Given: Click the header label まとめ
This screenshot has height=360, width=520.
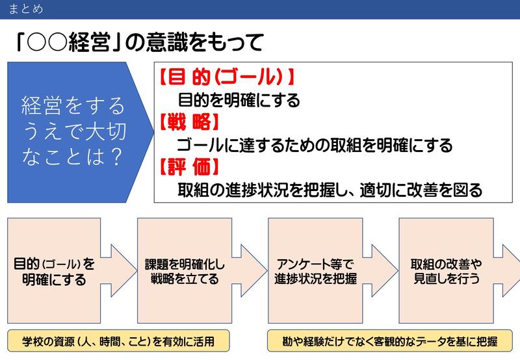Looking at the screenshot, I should pyautogui.click(x=26, y=9).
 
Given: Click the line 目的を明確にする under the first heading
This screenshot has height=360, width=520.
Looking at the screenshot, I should pyautogui.click(x=239, y=100).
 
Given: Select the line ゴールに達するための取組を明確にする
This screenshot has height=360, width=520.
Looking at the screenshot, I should pyautogui.click(x=315, y=145).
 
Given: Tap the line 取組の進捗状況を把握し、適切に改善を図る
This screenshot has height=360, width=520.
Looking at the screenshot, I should pyautogui.click(x=330, y=190).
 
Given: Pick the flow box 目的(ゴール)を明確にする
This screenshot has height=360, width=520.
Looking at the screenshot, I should pyautogui.click(x=55, y=272).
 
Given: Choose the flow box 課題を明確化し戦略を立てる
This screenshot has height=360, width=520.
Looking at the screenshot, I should pyautogui.click(x=185, y=272).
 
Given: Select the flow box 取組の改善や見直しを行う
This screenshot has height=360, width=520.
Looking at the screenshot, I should pyautogui.click(x=446, y=272).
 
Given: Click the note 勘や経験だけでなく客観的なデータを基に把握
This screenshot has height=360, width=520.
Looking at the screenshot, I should pyautogui.click(x=390, y=341).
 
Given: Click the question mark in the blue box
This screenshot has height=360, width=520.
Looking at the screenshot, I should pyautogui.click(x=114, y=157).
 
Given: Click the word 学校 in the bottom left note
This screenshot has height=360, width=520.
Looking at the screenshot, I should pyautogui.click(x=32, y=341).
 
